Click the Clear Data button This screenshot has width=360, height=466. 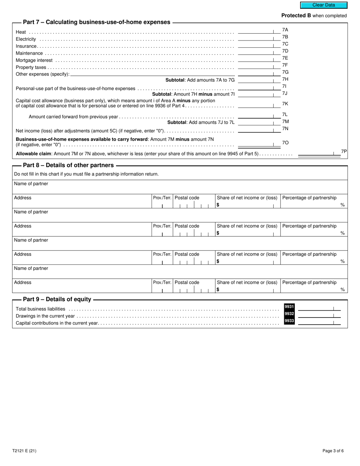click(324, 5)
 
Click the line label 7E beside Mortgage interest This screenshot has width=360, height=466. click(285, 58)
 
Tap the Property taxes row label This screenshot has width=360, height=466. click(31, 67)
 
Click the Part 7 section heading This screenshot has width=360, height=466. click(97, 22)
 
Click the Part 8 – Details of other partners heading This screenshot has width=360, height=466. click(68, 166)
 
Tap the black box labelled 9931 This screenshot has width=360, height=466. click(289, 306)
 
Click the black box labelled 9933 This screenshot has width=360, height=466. click(289, 321)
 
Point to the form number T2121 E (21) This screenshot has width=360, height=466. click(24, 451)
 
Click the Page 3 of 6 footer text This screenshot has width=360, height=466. click(333, 451)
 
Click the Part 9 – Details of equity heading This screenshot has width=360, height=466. click(57, 300)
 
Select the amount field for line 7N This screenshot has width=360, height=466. click(256, 130)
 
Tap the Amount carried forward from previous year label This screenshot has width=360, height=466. click(73, 117)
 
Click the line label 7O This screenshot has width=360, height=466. click(285, 143)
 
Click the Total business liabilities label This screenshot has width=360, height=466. click(41, 309)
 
